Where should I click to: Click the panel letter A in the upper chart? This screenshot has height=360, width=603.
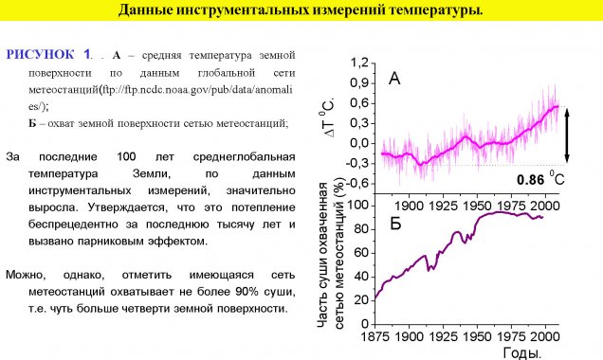pyautogui.click(x=394, y=80)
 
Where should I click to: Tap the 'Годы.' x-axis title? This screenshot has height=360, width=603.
pyautogui.click(x=519, y=353)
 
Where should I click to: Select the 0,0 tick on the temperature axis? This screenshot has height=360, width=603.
pyautogui.click(x=359, y=143)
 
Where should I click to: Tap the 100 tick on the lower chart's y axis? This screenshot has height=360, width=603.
pyautogui.click(x=357, y=204)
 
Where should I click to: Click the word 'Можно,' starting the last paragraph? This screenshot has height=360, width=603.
pyautogui.click(x=26, y=275)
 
